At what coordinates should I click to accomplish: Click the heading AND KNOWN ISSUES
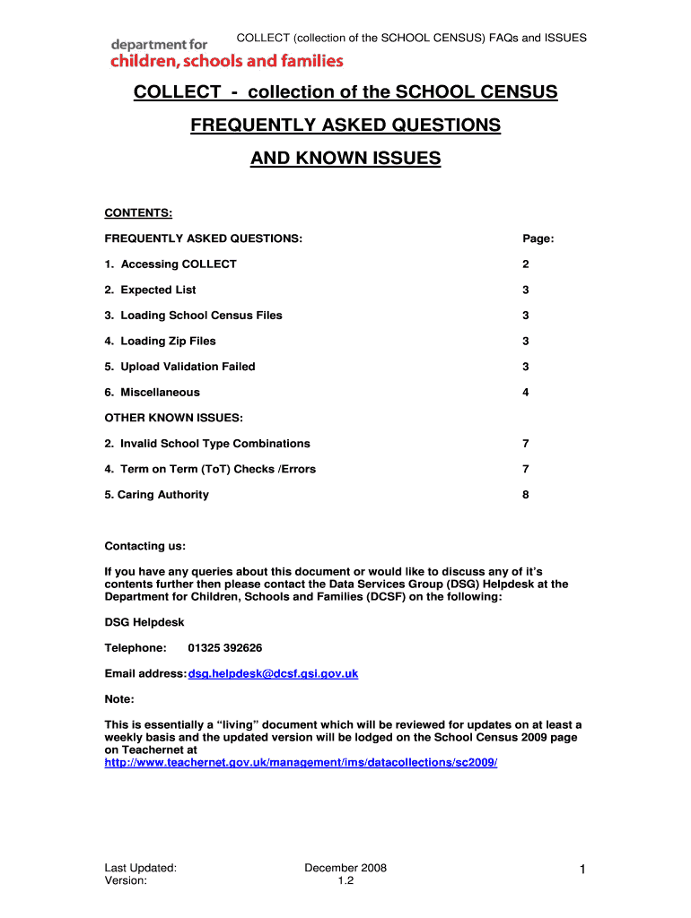[x=345, y=159]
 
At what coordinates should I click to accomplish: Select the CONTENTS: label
[x=138, y=212]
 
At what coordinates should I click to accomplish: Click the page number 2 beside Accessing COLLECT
[x=526, y=264]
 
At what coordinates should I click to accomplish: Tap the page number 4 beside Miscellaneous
[x=526, y=392]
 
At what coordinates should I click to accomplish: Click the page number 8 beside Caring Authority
[x=526, y=494]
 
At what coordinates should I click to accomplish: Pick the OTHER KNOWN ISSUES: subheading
[x=174, y=417]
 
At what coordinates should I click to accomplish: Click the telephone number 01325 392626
[x=225, y=647]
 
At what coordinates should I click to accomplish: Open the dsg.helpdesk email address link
[x=273, y=673]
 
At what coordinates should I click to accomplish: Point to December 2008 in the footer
[x=345, y=868]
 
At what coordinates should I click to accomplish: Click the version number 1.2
[x=345, y=881]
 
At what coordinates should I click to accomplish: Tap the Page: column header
[x=538, y=238]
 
